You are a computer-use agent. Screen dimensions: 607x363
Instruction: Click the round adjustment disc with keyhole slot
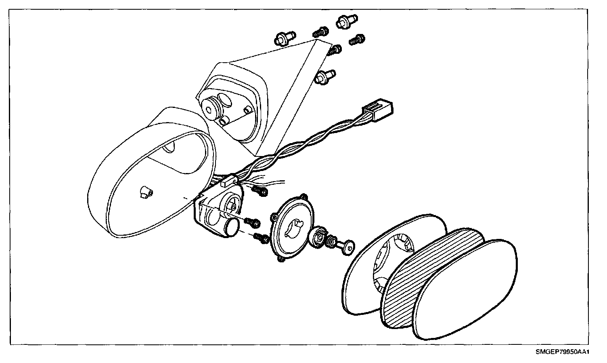coord(293,226)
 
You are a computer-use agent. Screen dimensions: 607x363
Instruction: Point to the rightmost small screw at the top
coord(357,40)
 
